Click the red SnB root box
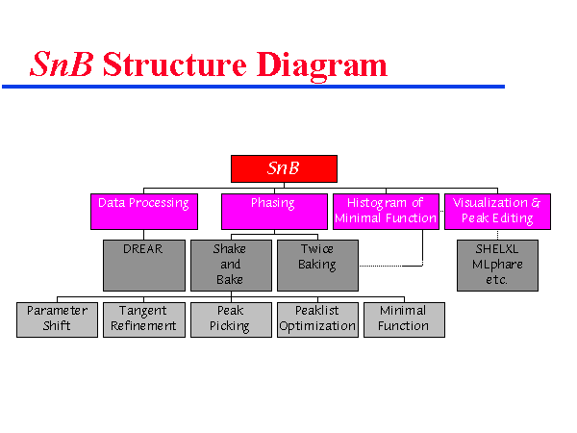point(284,168)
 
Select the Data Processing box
point(143,211)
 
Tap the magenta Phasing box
point(274,211)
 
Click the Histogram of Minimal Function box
point(385,211)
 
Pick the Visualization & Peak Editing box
point(496,211)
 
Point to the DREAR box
point(143,265)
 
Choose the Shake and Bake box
point(231,265)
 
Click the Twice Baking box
point(317,265)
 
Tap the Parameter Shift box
point(57,318)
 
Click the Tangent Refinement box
point(143,318)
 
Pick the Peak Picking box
point(231,318)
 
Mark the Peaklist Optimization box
point(317,318)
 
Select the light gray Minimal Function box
point(404,318)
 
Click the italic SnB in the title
point(62,64)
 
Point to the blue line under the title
point(253,87)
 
